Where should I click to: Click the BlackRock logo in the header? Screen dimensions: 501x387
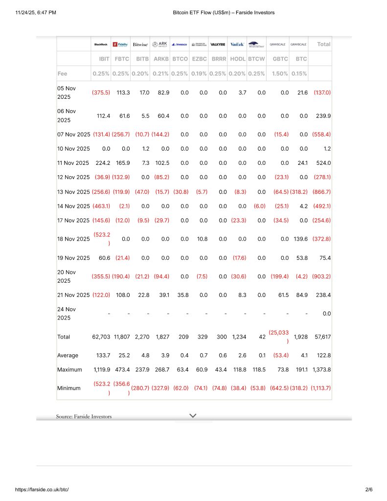coord(101,44)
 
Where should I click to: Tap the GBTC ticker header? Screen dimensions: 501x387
coord(280,59)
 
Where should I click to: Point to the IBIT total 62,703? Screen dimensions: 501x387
coord(101,337)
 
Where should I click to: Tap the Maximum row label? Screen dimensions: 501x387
coord(69,369)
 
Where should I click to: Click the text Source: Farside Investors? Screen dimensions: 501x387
coord(84,416)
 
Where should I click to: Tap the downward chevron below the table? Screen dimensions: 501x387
coord(193,415)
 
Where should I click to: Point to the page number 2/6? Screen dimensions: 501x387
coord(368,489)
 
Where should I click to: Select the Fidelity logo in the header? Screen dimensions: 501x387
coord(120,44)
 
